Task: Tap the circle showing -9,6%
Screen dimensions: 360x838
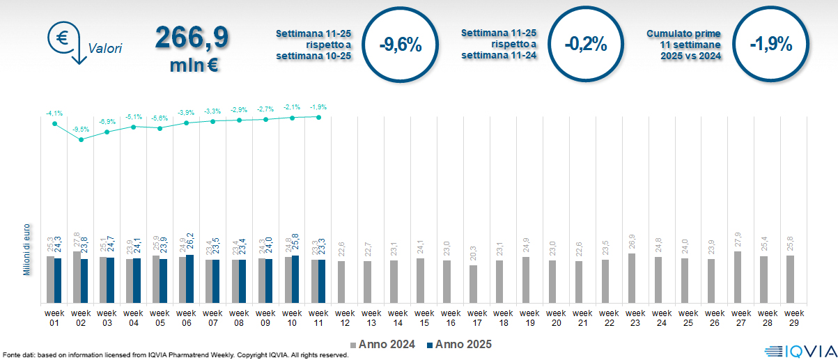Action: pos(401,45)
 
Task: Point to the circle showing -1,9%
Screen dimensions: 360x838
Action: pos(771,45)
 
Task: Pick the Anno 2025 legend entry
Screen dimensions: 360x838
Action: pos(460,344)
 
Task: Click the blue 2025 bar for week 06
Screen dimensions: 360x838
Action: pos(190,279)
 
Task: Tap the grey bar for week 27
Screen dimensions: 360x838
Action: pos(737,277)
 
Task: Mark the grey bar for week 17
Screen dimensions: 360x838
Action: pos(474,284)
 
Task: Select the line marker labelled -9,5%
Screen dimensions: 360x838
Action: pos(81,139)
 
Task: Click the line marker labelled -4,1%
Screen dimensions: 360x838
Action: pos(54,124)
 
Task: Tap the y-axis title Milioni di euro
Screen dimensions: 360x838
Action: pos(26,249)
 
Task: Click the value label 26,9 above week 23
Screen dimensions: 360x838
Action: pos(631,243)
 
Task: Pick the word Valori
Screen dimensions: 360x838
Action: pos(105,49)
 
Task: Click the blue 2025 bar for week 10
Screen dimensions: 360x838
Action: pos(295,279)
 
